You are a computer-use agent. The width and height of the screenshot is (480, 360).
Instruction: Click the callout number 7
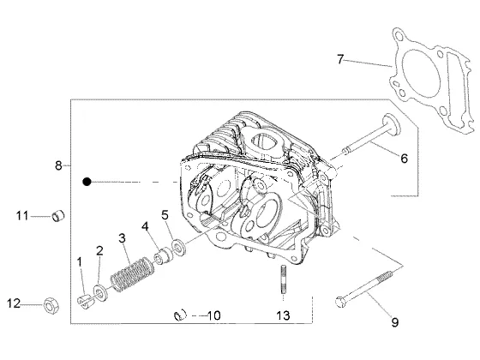pyautogui.click(x=340, y=59)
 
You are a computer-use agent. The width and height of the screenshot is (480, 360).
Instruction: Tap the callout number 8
pyautogui.click(x=58, y=165)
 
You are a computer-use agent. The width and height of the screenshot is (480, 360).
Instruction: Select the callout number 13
pyautogui.click(x=283, y=315)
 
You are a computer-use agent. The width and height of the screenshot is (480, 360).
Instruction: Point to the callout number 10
pyautogui.click(x=213, y=315)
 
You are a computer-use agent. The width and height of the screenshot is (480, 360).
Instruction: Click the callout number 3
pyautogui.click(x=122, y=238)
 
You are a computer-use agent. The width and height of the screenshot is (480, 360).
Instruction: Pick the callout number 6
pyautogui.click(x=404, y=159)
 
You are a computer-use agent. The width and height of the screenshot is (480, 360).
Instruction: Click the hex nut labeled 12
pyautogui.click(x=51, y=305)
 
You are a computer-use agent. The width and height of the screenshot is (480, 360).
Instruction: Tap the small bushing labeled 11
pyautogui.click(x=58, y=216)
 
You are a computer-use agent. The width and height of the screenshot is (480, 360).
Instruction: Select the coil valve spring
pyautogui.click(x=132, y=274)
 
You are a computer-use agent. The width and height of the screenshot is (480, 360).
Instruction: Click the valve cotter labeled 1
pyautogui.click(x=84, y=301)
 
